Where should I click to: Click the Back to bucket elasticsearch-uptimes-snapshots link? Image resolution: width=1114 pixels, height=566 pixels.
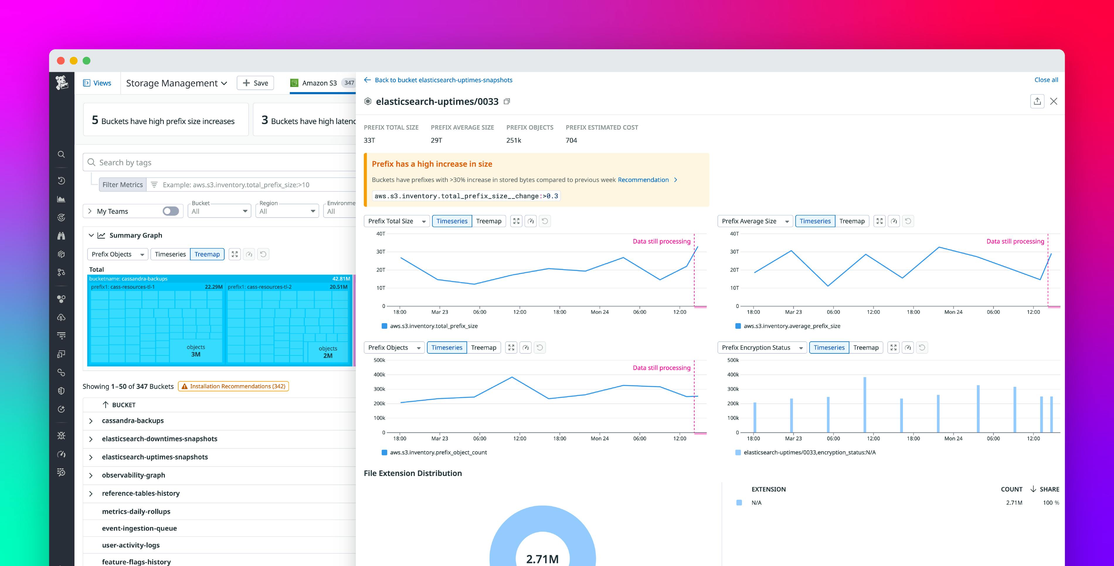click(x=443, y=80)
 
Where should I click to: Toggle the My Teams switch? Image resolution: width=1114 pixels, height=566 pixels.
click(x=170, y=211)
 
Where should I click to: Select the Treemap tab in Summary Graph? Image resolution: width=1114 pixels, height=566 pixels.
click(x=207, y=254)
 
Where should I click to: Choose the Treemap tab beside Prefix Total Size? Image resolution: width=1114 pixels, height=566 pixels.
click(x=488, y=221)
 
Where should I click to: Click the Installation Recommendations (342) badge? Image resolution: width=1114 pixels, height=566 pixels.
click(x=234, y=387)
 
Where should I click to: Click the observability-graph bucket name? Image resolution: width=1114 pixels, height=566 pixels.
click(x=133, y=475)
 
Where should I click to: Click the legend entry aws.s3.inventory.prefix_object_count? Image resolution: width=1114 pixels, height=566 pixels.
click(x=438, y=452)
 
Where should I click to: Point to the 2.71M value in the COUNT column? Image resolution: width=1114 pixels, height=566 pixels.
click(x=1014, y=503)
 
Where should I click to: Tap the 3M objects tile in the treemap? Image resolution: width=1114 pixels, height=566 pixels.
click(x=196, y=351)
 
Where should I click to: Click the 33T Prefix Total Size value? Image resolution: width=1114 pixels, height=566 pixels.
click(x=369, y=140)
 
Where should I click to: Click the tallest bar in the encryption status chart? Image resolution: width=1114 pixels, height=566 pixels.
click(x=865, y=405)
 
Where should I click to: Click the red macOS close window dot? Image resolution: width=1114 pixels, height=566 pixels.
click(x=61, y=61)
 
